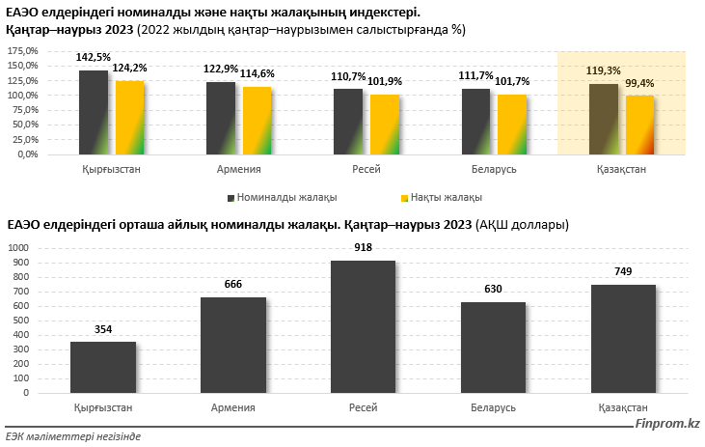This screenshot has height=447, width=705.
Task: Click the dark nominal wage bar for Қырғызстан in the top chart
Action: point(94,112)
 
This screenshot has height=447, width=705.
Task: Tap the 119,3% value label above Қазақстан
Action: point(605,71)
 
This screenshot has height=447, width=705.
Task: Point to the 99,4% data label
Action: point(639,83)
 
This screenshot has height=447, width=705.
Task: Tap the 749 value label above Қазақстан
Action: point(623,271)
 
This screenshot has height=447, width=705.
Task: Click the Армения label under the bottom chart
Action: point(232,407)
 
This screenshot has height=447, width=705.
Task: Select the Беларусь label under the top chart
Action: point(494,169)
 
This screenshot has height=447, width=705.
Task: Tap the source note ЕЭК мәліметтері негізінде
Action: point(73,436)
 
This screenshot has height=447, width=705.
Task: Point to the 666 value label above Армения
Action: point(232,284)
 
